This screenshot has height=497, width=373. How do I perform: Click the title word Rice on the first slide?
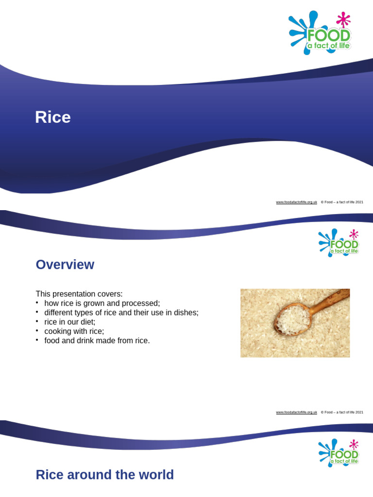tap(52, 117)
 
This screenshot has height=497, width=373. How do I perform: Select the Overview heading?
tap(65, 265)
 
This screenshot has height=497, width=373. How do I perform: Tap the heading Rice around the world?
tap(104, 475)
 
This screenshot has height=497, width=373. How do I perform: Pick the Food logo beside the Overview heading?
tap(339, 243)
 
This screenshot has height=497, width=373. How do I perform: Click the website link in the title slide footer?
tap(296, 202)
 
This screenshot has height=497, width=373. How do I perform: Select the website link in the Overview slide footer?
tap(296, 412)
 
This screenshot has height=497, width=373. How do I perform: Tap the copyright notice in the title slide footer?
tap(342, 202)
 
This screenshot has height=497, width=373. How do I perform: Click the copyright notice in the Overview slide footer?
tap(342, 412)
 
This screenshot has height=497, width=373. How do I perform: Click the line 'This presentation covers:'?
tap(79, 294)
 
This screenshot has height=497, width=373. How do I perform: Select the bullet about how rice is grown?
tap(102, 303)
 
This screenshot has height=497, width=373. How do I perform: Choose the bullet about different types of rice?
tap(121, 313)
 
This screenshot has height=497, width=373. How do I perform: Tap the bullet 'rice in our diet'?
tap(69, 322)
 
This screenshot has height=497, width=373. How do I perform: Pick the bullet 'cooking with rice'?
tap(74, 331)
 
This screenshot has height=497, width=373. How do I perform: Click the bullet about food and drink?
tap(97, 341)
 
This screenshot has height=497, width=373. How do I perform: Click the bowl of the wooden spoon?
tap(293, 319)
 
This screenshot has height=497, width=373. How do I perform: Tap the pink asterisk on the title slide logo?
tap(343, 19)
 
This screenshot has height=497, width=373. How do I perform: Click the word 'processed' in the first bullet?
tap(142, 303)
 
